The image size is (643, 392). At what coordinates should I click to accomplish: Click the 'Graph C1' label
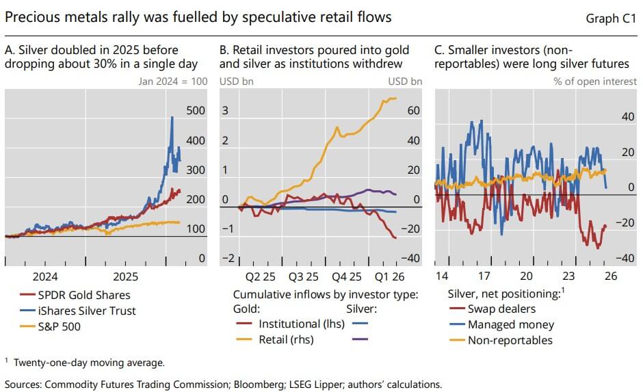point(611,18)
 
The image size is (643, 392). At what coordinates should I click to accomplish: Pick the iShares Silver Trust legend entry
point(86,310)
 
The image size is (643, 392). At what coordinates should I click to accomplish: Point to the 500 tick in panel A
point(196,111)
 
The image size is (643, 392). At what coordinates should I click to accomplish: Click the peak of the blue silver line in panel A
point(172,118)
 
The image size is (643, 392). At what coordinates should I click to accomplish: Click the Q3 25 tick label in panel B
point(304,277)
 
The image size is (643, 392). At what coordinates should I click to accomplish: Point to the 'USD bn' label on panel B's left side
point(235,81)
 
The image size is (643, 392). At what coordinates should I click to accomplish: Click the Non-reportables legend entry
point(509,339)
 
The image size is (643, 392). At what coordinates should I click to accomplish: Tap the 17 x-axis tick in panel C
point(484,277)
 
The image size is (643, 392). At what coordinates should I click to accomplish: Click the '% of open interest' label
point(589,81)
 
